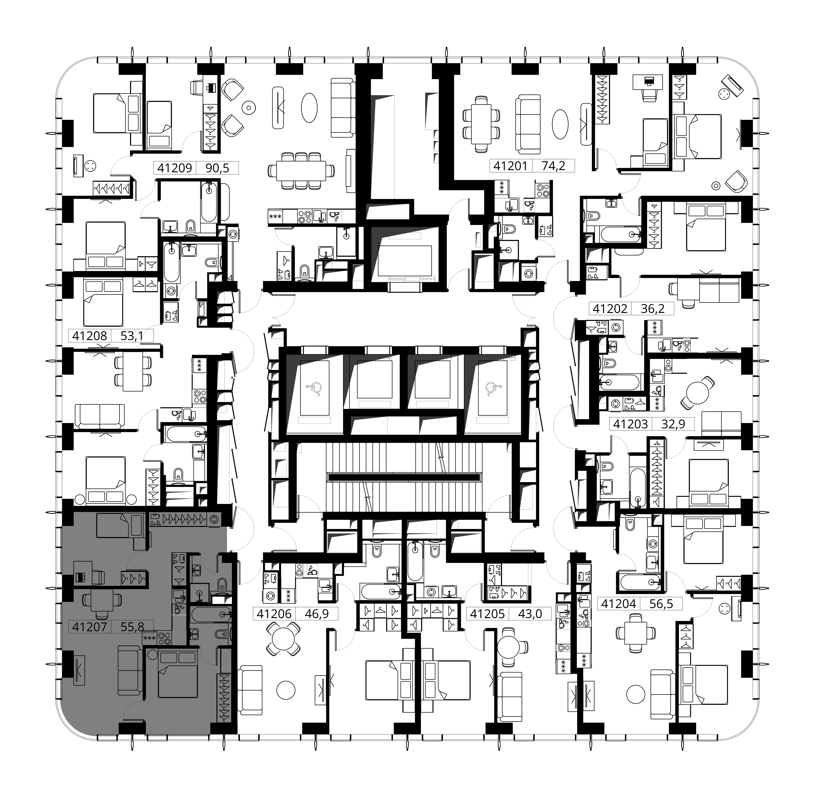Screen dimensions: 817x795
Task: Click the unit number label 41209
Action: click(x=175, y=168)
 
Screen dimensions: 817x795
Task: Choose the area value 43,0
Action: click(x=530, y=614)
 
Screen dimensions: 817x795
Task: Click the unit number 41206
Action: click(x=274, y=614)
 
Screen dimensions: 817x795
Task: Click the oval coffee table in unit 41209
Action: click(x=309, y=107)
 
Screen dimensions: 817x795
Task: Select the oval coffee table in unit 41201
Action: click(x=560, y=124)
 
